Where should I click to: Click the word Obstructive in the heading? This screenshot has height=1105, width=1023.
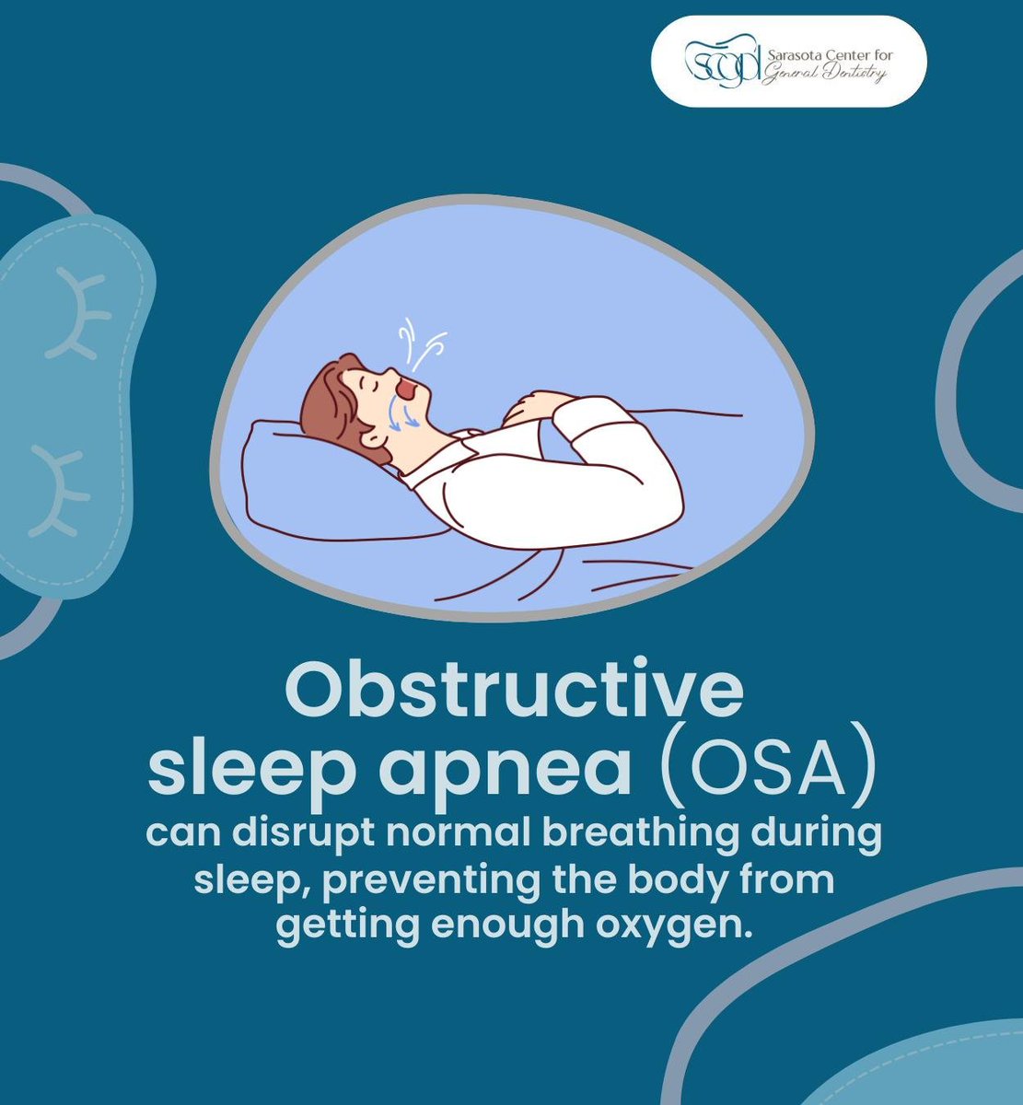[513, 692]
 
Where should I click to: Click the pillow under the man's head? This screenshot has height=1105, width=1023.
[304, 479]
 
